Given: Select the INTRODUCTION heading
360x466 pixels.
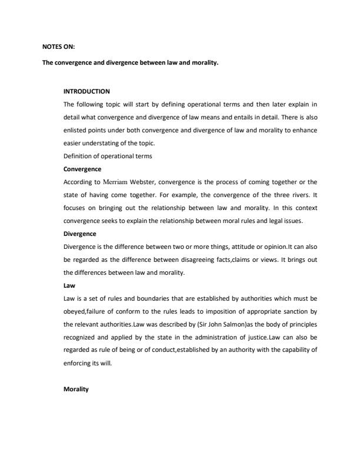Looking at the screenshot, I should pyautogui.click(x=86, y=91).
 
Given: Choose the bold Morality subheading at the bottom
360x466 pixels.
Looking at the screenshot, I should pyautogui.click(x=75, y=390).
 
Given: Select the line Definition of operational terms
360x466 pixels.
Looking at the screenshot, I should pyautogui.click(x=108, y=155).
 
